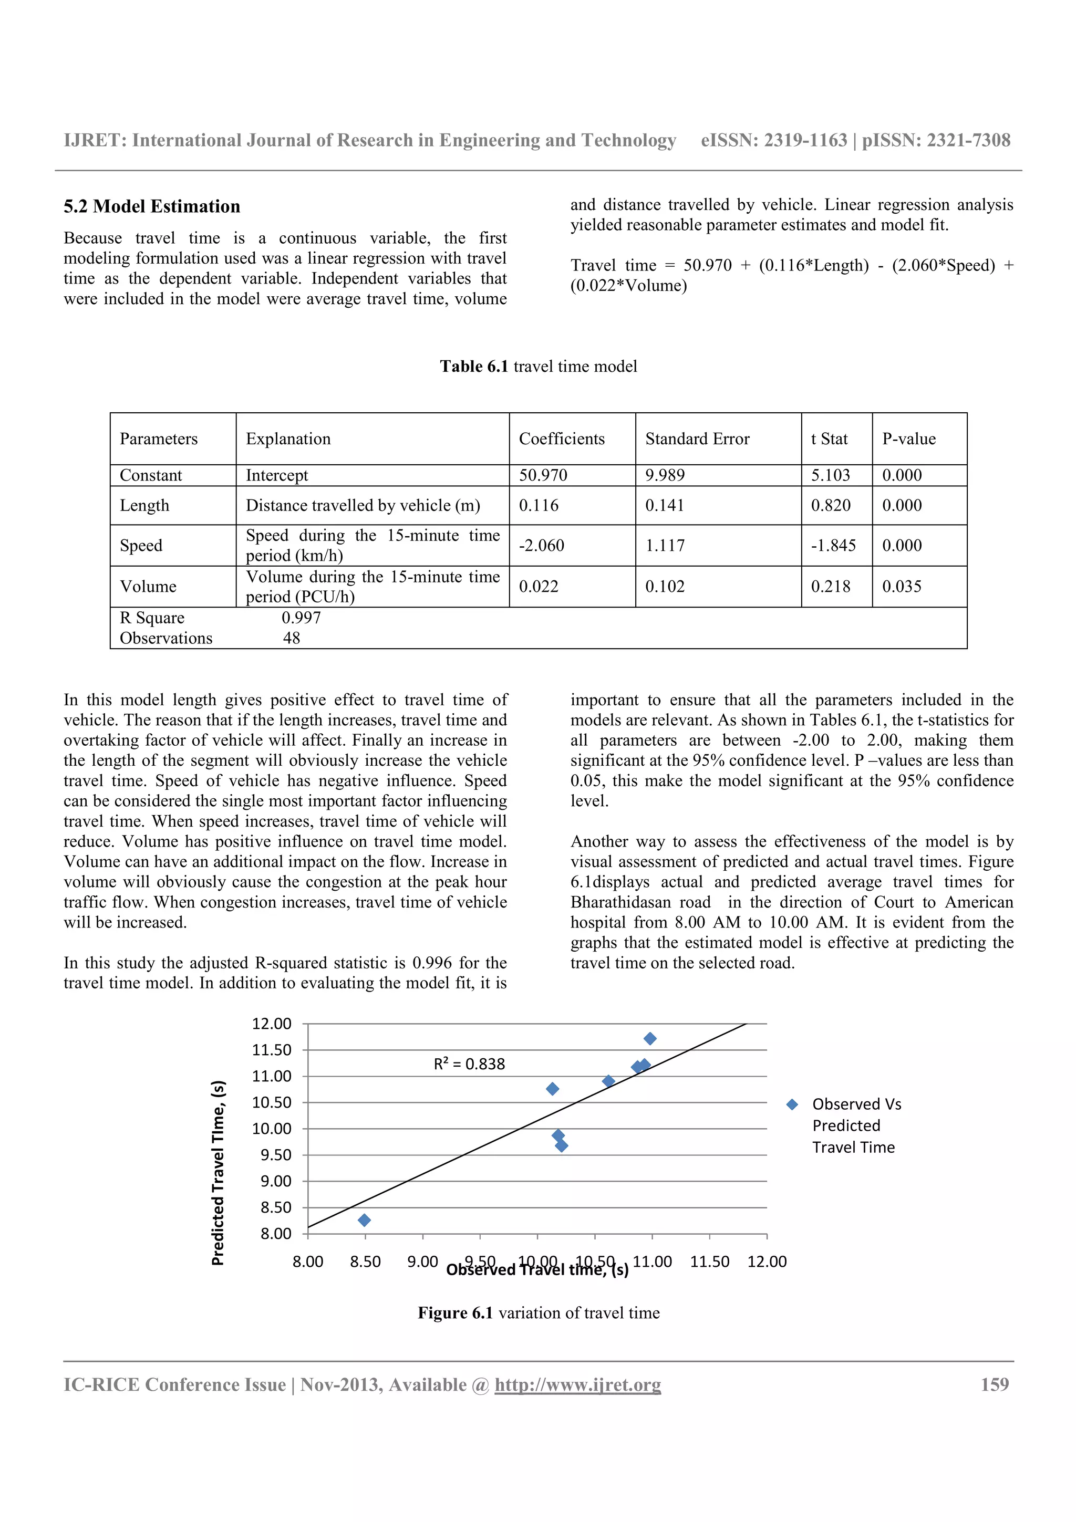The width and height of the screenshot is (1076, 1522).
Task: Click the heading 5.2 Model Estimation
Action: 152,206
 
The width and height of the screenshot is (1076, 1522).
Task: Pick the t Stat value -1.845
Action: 833,546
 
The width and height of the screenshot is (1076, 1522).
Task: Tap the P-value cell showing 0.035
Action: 902,587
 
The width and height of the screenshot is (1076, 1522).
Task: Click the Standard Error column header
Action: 697,439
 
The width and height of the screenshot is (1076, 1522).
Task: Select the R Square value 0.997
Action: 301,618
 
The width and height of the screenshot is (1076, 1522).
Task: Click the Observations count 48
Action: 292,638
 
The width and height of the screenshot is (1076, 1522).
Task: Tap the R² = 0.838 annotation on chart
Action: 469,1064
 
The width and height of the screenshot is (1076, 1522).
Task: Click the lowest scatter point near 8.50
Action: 364,1221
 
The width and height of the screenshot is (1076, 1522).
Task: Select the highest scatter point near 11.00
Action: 650,1039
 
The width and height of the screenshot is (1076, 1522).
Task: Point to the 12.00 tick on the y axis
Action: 272,1024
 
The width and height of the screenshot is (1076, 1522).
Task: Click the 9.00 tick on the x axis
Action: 422,1262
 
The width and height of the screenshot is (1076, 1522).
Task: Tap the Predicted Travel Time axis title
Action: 218,1173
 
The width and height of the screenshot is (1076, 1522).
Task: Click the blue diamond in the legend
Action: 792,1104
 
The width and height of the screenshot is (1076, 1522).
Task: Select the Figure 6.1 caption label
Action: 455,1313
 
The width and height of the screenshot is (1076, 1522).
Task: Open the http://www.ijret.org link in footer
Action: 577,1385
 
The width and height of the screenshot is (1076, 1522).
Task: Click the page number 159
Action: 995,1384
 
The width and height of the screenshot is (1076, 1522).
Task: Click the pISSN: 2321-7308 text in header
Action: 936,141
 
